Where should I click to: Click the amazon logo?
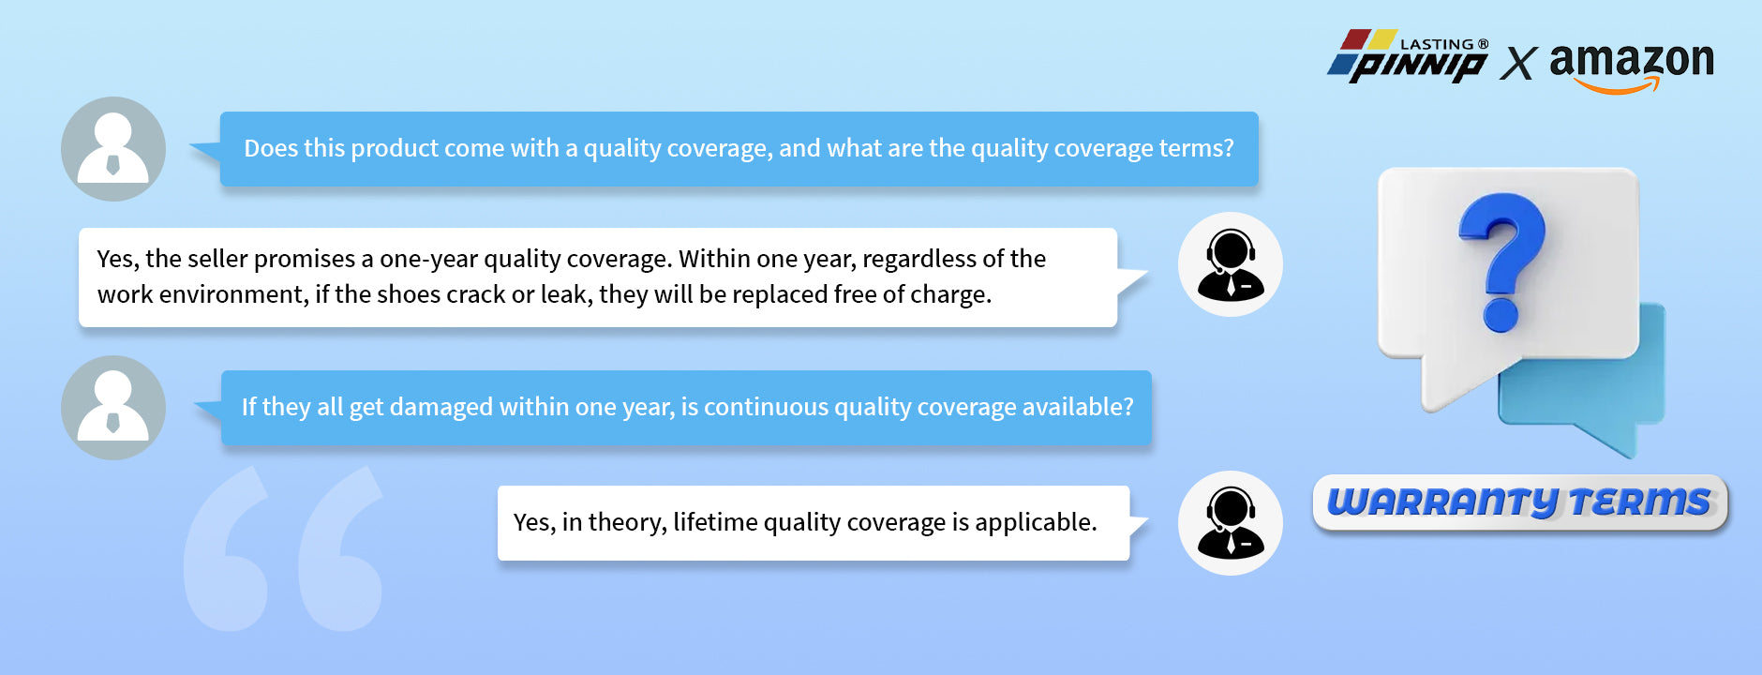tap(1632, 66)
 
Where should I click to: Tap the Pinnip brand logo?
tap(1408, 56)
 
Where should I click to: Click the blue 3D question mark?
tap(1501, 262)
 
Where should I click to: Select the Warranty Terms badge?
tap(1520, 502)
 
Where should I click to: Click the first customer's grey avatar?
tap(113, 149)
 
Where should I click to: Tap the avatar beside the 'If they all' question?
tap(113, 408)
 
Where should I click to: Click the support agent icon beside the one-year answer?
tap(1231, 264)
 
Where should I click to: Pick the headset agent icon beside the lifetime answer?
tap(1231, 523)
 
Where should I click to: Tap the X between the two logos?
tap(1518, 64)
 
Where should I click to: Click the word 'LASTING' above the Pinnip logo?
tap(1437, 44)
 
